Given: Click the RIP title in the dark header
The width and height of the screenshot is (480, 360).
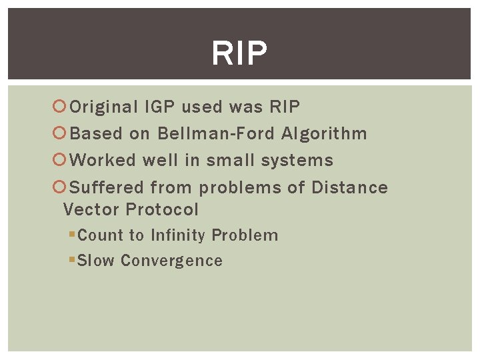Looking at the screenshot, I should [x=239, y=53].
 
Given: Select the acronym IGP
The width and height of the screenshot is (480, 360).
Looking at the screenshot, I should [x=160, y=107].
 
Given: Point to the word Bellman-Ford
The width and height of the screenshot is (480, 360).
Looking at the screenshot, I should [x=216, y=133].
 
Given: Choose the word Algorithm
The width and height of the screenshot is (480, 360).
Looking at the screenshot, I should [x=324, y=133].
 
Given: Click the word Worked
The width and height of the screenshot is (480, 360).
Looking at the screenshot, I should [x=103, y=161].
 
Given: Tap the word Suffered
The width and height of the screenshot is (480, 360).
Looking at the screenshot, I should [x=107, y=187].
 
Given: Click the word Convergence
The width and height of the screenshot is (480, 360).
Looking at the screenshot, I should [x=171, y=261].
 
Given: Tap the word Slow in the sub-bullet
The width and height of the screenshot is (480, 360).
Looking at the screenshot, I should [x=96, y=261].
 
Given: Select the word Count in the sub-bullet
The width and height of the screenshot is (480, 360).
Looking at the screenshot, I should [x=101, y=235].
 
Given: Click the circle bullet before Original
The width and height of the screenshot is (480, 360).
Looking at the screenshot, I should [x=58, y=107].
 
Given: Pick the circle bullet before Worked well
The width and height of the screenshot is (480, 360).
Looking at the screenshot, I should [x=58, y=161].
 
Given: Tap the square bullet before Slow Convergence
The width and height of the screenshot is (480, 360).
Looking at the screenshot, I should [x=72, y=260].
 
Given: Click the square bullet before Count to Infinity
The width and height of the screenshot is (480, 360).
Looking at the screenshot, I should [x=72, y=235].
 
